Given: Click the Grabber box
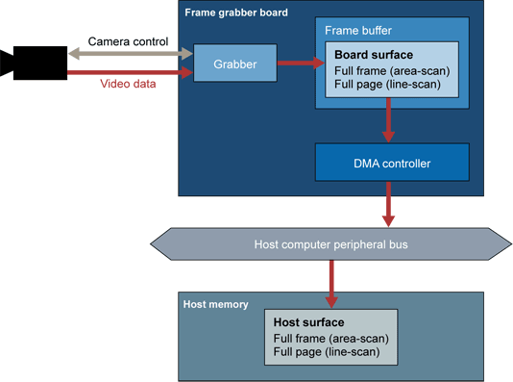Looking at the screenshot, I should pos(235,64).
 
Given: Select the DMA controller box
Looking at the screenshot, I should pos(391,164).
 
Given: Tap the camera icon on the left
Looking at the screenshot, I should pos(34,64).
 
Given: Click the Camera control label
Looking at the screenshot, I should pos(128,41).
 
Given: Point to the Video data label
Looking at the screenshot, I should pos(129,84).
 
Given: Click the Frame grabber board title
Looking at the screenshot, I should pos(235,13).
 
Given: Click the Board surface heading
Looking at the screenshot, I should pos(375,55).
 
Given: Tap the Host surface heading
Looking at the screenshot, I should pos(308,322).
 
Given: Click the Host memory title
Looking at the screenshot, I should pos(215,304).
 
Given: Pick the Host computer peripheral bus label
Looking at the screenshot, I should pos(330,244).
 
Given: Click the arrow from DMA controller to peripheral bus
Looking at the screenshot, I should pos(388,204).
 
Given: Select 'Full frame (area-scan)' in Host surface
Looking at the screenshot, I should pos(330,339).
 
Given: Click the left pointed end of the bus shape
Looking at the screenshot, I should pos(157,244).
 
